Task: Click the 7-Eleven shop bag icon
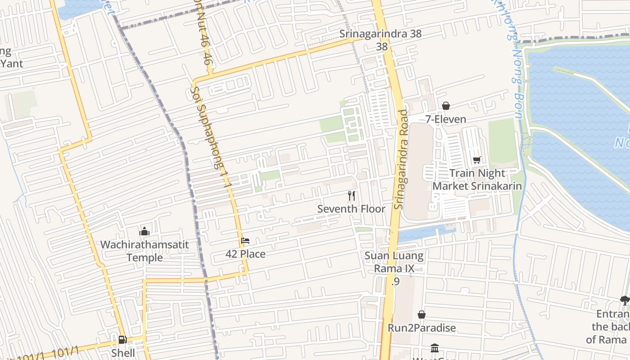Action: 445,106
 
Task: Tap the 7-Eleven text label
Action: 445,119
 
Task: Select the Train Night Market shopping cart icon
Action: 477,160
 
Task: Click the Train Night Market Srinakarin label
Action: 477,180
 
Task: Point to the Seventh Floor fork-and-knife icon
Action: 351,196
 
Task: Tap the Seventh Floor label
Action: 351,209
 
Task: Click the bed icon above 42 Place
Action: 245,241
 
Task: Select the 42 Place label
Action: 245,254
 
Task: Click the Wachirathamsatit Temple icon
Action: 144,231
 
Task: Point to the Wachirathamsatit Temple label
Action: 144,251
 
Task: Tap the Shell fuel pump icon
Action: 122,340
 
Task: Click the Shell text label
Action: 123,353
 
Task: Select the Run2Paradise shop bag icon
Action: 422,315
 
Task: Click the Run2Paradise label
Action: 422,328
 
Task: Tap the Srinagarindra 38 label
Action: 374,34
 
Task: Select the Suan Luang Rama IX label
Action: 394,262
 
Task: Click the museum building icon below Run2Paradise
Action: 435,348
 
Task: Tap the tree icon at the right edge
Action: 625,300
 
